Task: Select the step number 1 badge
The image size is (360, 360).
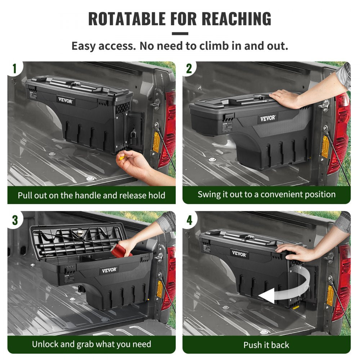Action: (14, 68)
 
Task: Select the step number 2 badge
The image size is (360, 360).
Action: (189, 68)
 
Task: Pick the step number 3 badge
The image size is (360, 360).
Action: (14, 219)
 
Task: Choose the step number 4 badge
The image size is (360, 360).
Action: (189, 219)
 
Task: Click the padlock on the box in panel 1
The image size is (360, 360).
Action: (133, 137)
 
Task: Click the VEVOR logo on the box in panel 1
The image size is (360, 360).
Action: (66, 101)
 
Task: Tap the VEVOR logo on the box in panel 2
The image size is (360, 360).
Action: (267, 118)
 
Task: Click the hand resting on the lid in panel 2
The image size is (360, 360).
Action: (285, 98)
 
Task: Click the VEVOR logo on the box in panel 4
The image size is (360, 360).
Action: (239, 254)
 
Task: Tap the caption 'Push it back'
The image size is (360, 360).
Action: (266, 345)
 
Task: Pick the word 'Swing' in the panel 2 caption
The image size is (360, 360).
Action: (208, 194)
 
